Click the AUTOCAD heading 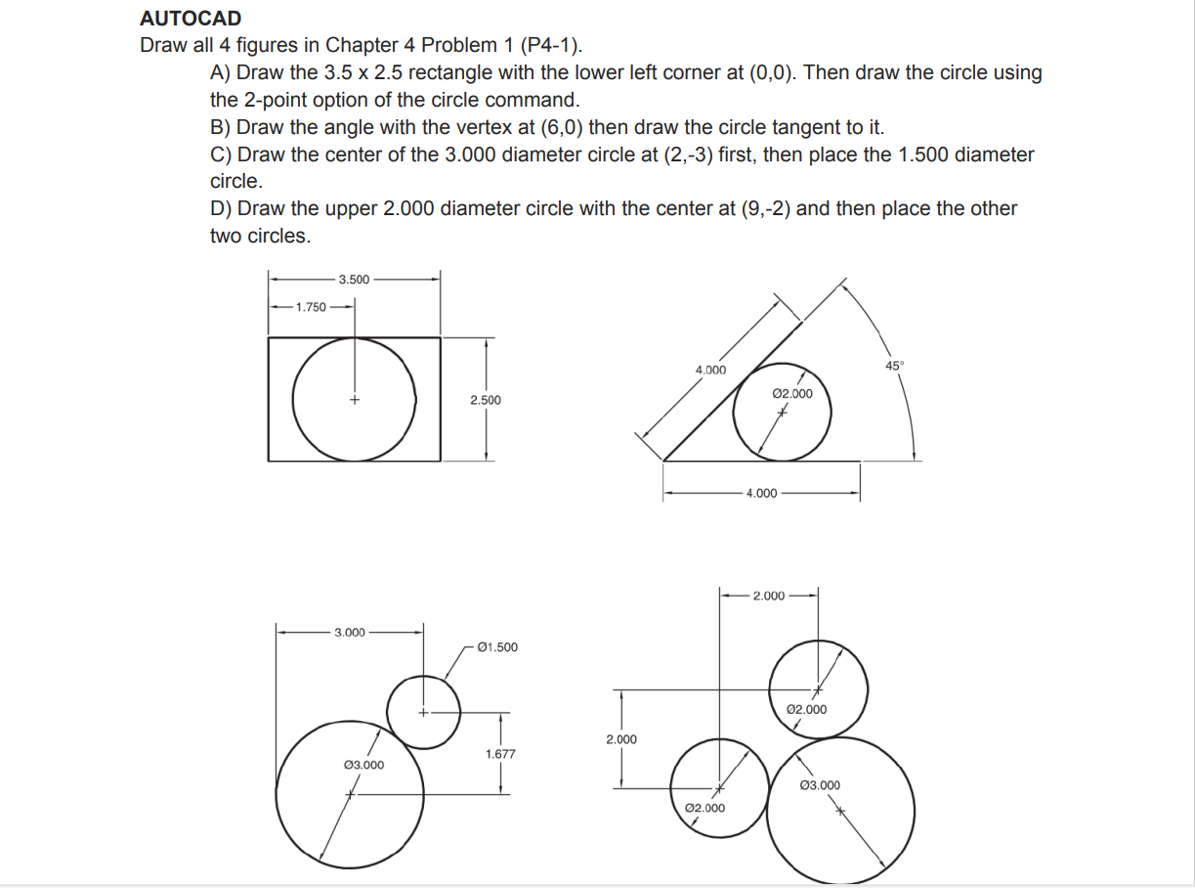click(191, 19)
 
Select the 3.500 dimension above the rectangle click(354, 280)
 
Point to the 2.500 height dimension click(486, 400)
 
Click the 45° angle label click(895, 366)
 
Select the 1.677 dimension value click(500, 754)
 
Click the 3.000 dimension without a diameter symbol click(350, 633)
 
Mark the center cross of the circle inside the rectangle click(355, 400)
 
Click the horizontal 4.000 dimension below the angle click(761, 494)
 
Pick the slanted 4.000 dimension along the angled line click(710, 370)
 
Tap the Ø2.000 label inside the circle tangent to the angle click(791, 393)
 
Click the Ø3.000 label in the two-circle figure click(363, 765)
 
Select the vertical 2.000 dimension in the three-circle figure click(620, 739)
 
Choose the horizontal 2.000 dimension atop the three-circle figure click(768, 596)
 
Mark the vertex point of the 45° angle click(664, 461)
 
